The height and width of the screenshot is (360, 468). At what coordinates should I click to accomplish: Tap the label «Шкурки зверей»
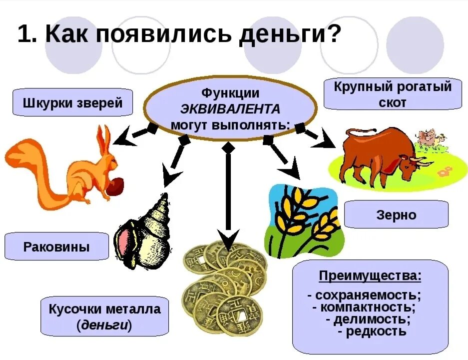pos(73,103)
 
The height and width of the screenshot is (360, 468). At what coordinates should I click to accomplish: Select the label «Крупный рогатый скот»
pos(393,94)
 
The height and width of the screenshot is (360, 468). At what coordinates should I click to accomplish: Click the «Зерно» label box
pos(396,215)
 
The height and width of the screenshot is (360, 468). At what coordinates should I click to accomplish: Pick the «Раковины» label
pos(56,246)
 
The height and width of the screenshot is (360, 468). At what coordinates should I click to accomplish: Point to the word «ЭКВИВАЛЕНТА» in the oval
pos(230,108)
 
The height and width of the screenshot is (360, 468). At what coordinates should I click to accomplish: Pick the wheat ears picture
pos(305,220)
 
